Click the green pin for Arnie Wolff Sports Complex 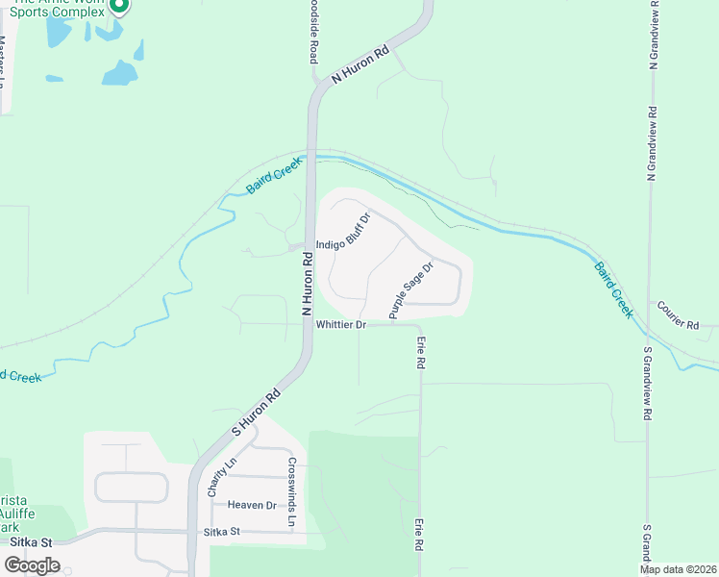coord(119,7)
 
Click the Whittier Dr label coord(341,325)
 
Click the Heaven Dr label coord(252,505)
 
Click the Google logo coord(32,565)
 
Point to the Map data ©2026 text coord(677,569)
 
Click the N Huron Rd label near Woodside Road coord(360,66)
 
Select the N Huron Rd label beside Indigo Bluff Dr coord(308,284)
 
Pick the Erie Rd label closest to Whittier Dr coord(420,354)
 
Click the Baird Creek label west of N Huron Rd coord(273,179)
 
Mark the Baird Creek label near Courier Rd coord(612,289)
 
